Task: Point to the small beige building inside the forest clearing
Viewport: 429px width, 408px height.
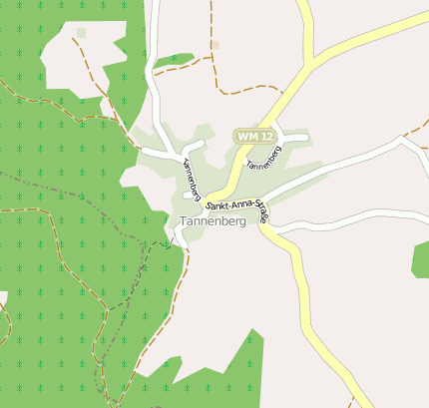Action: coord(81,33)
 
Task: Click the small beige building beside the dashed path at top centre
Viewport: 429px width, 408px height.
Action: coord(214,45)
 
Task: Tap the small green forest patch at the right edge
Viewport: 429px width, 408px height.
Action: coord(421,257)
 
